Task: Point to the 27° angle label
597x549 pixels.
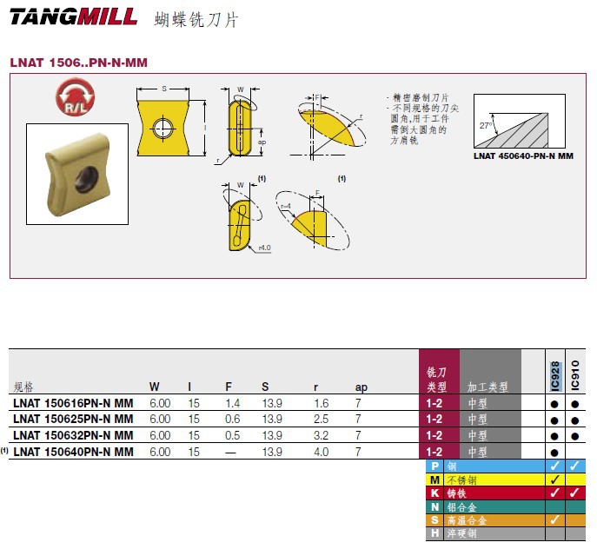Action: pyautogui.click(x=486, y=126)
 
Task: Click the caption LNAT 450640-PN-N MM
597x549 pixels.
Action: pyautogui.click(x=524, y=156)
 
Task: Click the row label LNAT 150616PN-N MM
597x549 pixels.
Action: pyautogui.click(x=74, y=404)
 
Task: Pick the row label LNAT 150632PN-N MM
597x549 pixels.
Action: pyautogui.click(x=74, y=435)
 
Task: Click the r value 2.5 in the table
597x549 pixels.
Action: pyautogui.click(x=321, y=420)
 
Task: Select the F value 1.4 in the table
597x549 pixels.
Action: pyautogui.click(x=232, y=404)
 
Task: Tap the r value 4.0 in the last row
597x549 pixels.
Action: pyautogui.click(x=321, y=452)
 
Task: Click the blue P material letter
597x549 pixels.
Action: pyautogui.click(x=434, y=466)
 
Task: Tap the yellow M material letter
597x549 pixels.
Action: pyautogui.click(x=434, y=480)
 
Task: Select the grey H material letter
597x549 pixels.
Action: pyautogui.click(x=434, y=533)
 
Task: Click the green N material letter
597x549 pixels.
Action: pyautogui.click(x=434, y=506)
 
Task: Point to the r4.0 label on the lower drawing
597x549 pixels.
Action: pyautogui.click(x=264, y=248)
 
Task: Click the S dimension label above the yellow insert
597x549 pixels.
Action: pyautogui.click(x=163, y=89)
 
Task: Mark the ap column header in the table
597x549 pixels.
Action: pyautogui.click(x=362, y=387)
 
